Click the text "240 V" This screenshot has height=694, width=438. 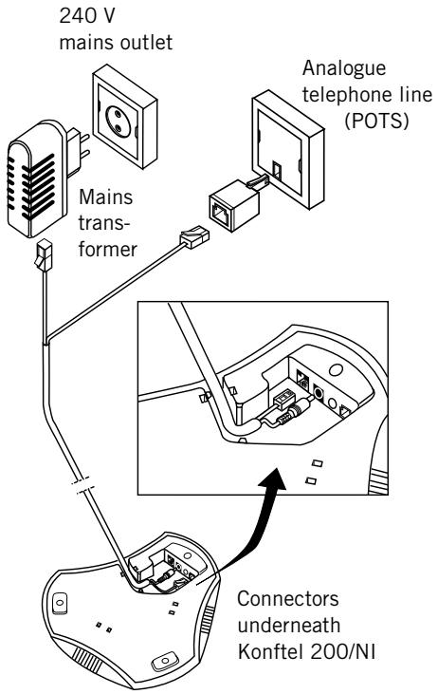tap(86, 15)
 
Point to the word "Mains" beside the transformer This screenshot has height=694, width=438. tap(105, 197)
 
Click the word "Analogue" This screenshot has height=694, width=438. tap(344, 68)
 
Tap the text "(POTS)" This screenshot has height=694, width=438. tap(376, 121)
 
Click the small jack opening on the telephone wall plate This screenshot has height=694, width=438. tap(277, 170)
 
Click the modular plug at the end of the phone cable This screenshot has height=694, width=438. tap(194, 236)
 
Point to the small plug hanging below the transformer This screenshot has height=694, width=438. tap(44, 255)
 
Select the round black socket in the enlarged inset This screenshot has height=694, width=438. tap(319, 391)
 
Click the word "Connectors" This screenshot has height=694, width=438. tap(287, 599)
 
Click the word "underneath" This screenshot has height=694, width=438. tap(289, 625)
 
